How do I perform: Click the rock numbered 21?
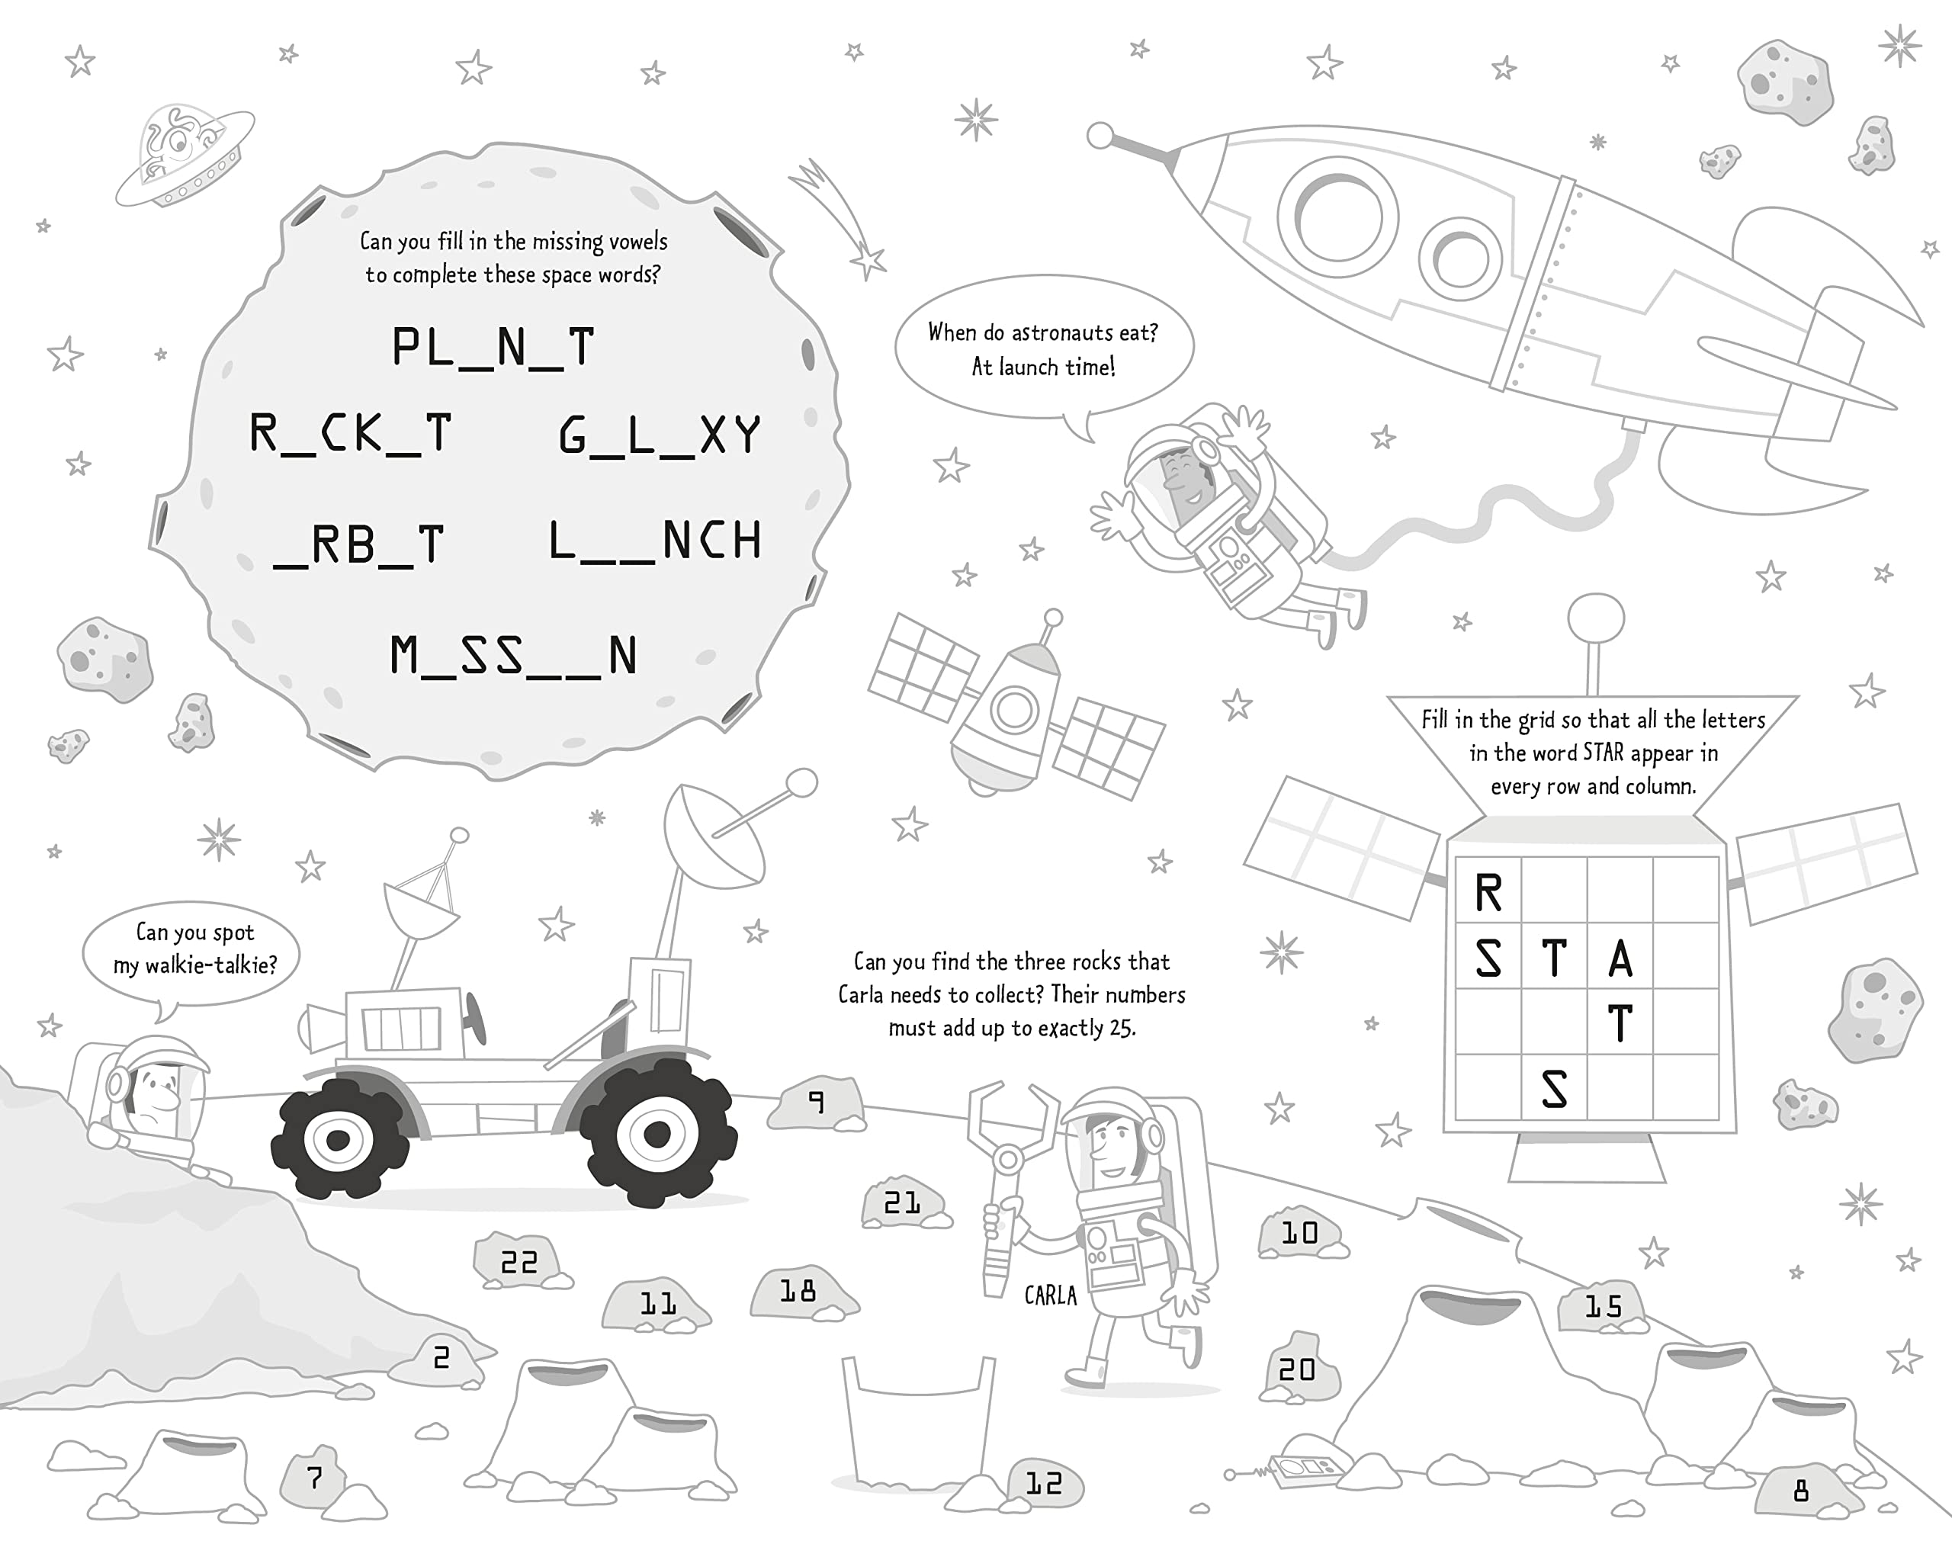click(x=903, y=1202)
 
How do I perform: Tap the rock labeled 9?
click(x=817, y=1103)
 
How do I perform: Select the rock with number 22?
click(x=519, y=1260)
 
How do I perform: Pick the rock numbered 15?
click(x=1603, y=1305)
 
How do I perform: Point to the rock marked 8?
click(x=1800, y=1491)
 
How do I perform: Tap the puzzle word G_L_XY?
click(x=660, y=436)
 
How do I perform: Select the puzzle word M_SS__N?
click(x=513, y=656)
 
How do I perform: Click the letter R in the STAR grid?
click(x=1488, y=893)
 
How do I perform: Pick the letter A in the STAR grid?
click(x=1620, y=958)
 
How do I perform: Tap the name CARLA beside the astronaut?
click(x=1050, y=1295)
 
